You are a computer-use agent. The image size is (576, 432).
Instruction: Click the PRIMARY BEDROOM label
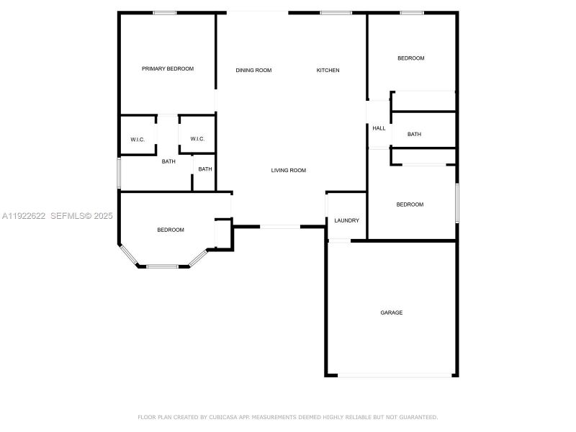pyautogui.click(x=168, y=68)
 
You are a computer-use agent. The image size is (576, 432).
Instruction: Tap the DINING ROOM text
pyautogui.click(x=253, y=70)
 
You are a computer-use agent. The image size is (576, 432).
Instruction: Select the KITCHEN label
pyautogui.click(x=328, y=70)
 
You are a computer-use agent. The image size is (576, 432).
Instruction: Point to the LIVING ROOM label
pyautogui.click(x=289, y=171)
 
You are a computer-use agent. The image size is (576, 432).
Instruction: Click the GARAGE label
pyautogui.click(x=392, y=312)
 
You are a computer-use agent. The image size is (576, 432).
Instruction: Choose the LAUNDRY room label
pyautogui.click(x=346, y=220)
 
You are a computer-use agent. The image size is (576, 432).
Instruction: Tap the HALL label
pyautogui.click(x=379, y=128)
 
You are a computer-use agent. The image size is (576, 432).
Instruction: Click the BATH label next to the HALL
pyautogui.click(x=414, y=134)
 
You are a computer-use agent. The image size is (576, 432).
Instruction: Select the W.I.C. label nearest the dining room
pyautogui.click(x=198, y=139)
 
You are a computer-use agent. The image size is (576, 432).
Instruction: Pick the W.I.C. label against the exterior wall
pyautogui.click(x=138, y=139)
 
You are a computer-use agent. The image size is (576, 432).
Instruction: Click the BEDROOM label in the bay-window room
pyautogui.click(x=171, y=230)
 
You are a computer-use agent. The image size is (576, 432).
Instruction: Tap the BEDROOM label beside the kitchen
pyautogui.click(x=411, y=58)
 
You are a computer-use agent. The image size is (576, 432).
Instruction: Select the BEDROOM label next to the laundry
pyautogui.click(x=410, y=204)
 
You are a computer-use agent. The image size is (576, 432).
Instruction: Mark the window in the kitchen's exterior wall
pyautogui.click(x=336, y=12)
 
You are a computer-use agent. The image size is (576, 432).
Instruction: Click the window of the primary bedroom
pyautogui.click(x=165, y=12)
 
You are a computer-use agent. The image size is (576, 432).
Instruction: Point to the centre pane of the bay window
pyautogui.click(x=163, y=266)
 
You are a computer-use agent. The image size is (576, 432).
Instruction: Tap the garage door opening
pyautogui.click(x=395, y=374)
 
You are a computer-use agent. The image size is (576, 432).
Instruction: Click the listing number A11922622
pyautogui.click(x=24, y=215)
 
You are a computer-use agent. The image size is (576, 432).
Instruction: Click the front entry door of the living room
pyautogui.click(x=280, y=227)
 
